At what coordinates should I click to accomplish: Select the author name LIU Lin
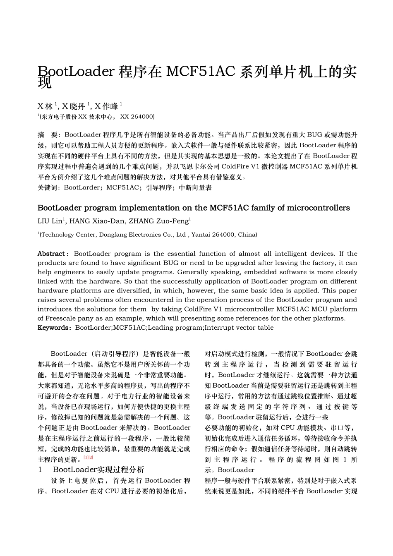[x=50, y=221]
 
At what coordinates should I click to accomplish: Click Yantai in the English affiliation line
[x=201, y=235]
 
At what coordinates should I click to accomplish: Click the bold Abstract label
[x=51, y=254]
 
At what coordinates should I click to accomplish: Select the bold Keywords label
[x=53, y=328]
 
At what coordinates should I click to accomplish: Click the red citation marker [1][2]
[x=88, y=458]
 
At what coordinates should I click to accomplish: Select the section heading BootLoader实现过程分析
[x=98, y=470]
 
